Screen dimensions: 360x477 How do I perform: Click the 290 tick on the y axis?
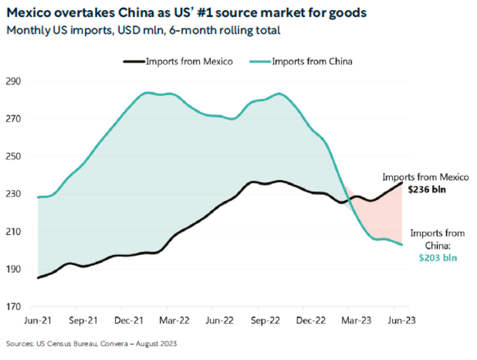coord(16,81)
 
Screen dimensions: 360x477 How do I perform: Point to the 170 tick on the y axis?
coord(16,307)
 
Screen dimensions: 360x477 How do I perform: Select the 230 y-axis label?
coord(16,194)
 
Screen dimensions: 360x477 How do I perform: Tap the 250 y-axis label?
coord(16,156)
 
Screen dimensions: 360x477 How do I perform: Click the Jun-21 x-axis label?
coord(37,321)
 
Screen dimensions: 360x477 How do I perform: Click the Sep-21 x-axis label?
coord(84,321)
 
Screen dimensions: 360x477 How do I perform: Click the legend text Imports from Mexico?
coord(190,61)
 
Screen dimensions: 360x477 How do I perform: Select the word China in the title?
coord(141,13)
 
